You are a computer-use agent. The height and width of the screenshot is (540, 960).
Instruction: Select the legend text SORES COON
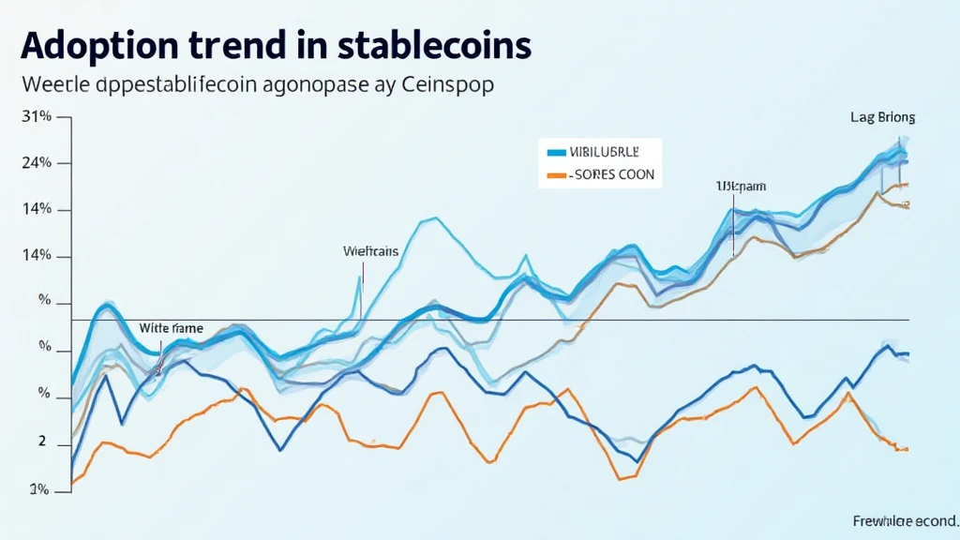click(615, 174)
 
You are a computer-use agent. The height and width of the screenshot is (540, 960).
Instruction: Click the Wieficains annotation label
click(371, 251)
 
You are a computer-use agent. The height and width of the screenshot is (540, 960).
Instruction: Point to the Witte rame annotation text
click(172, 329)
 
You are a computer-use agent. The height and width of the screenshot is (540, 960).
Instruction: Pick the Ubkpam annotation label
click(740, 187)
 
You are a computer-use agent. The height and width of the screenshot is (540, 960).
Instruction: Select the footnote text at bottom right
click(905, 520)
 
